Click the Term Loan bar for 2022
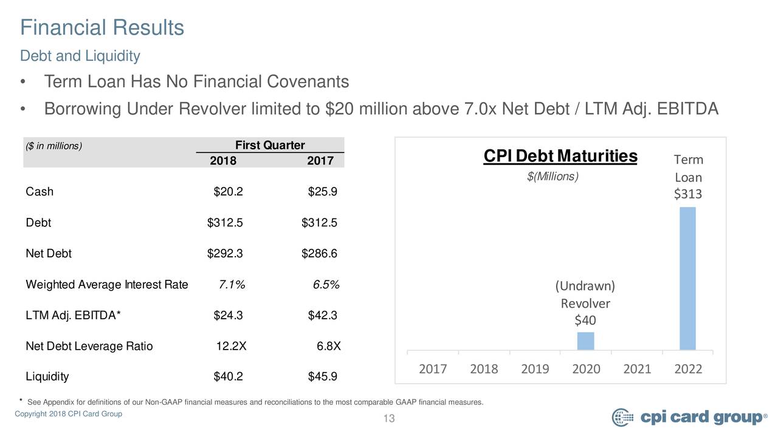click(687, 279)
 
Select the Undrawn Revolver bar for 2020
click(585, 341)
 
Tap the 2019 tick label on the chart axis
click(535, 368)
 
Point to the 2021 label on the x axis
click(637, 368)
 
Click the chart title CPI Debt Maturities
click(560, 156)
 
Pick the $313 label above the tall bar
click(687, 194)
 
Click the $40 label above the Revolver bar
click(585, 320)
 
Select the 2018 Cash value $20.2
click(228, 191)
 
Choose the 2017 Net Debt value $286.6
click(319, 253)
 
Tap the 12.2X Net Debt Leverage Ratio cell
click(232, 346)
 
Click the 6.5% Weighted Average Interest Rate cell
click(326, 285)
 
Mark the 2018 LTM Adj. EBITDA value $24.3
click(228, 315)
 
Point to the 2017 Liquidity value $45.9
click(322, 376)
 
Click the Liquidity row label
click(47, 376)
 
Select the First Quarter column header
click(270, 145)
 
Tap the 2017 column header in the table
click(320, 161)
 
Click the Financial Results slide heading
click(102, 27)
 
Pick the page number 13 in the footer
click(389, 418)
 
